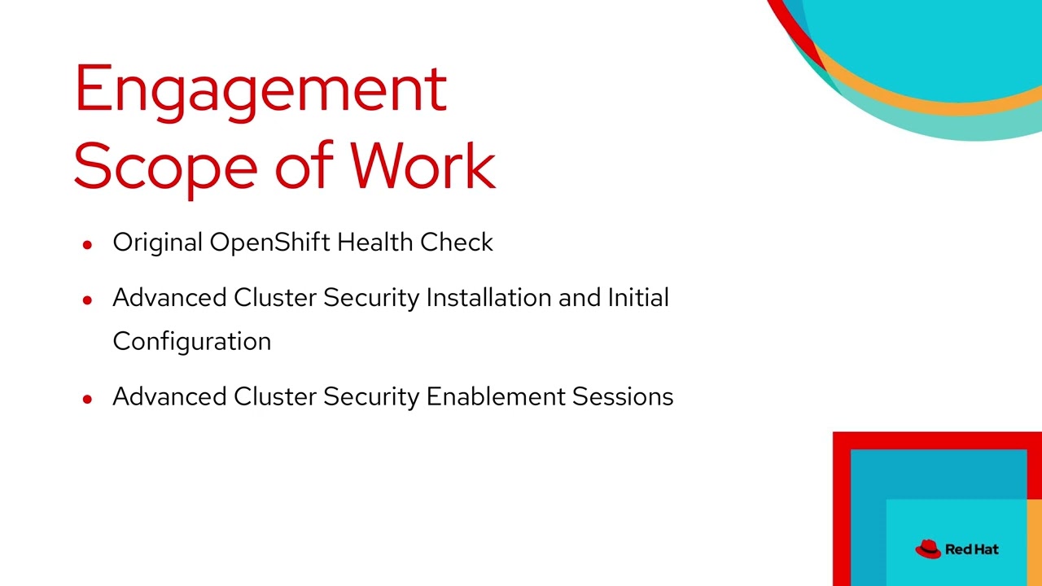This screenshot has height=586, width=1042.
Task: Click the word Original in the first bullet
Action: coord(158,243)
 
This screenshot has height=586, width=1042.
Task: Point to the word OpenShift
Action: coord(270,243)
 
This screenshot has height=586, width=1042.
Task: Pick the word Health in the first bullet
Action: coord(375,243)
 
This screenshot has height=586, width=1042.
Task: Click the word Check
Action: coord(457,243)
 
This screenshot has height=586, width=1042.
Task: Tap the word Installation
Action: coord(489,298)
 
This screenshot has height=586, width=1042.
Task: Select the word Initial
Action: coord(638,298)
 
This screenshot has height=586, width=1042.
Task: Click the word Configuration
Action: coord(192,342)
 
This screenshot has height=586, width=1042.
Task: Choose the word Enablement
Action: coord(496,396)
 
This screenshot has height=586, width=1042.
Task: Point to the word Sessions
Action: coord(623,396)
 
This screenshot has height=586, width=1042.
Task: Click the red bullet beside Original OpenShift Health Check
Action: coord(88,243)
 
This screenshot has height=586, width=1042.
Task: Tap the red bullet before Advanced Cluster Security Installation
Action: coord(88,300)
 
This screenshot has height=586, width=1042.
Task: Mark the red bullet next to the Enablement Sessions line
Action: coord(88,398)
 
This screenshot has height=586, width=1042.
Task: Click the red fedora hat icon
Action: coord(928,549)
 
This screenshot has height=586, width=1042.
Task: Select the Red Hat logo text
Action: coord(972,549)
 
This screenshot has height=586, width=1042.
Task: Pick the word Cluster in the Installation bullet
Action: coord(275,298)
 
